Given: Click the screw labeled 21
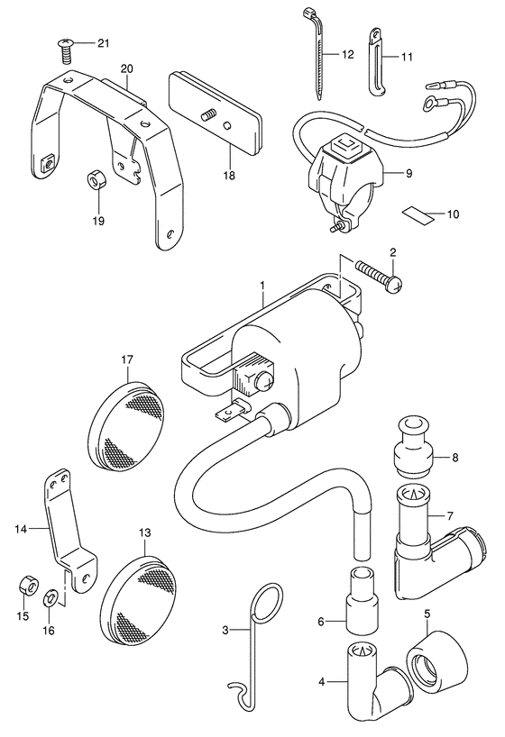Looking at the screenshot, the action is click(65, 50).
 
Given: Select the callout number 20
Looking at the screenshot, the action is click(126, 68).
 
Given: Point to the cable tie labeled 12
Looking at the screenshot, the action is click(317, 51).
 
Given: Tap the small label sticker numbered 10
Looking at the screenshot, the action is click(418, 216).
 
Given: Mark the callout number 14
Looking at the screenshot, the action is click(21, 529).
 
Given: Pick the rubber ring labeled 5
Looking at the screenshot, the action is click(436, 654).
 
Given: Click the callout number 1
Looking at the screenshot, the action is click(262, 286).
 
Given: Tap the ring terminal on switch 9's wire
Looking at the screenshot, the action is click(428, 101).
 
